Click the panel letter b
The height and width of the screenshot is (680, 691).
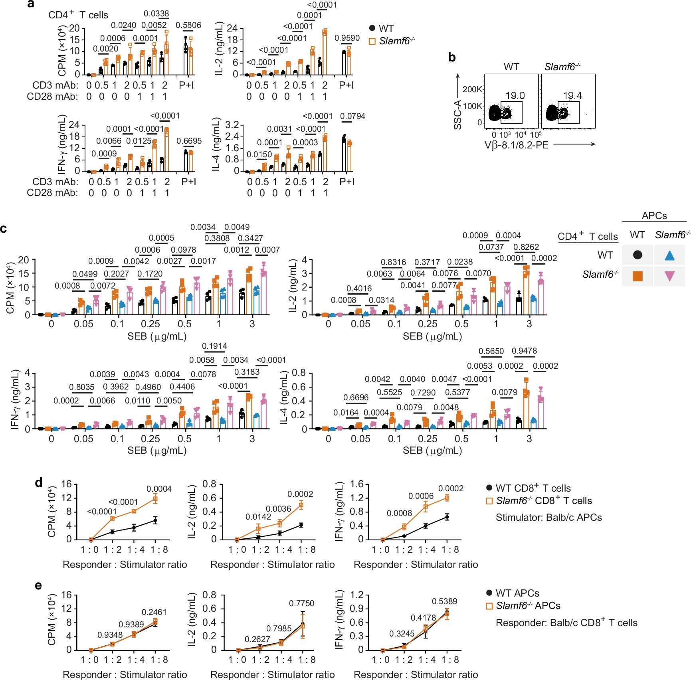click(x=451, y=57)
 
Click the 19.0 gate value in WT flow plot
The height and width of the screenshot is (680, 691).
click(x=515, y=95)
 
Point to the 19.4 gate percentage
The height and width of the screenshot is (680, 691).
click(x=572, y=95)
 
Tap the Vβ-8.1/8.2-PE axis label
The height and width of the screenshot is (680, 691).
click(x=516, y=145)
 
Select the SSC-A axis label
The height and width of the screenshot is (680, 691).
click(x=457, y=115)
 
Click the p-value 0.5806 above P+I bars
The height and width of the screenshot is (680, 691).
click(x=188, y=25)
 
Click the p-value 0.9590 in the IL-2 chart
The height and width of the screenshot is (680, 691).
click(x=347, y=38)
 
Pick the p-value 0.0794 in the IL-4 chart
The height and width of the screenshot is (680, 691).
click(x=352, y=116)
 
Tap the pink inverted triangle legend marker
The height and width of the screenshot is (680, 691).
click(x=669, y=276)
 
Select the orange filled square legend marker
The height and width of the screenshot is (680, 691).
click(x=638, y=276)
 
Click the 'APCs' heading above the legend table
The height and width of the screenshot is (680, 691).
click(x=654, y=215)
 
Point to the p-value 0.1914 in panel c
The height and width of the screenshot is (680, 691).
click(x=214, y=346)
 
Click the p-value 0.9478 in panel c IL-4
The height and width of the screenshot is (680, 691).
click(x=524, y=351)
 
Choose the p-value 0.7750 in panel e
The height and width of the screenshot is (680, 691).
click(x=301, y=603)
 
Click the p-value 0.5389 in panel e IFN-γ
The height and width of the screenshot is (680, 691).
click(x=444, y=601)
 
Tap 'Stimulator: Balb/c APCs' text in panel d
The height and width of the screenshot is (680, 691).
click(x=548, y=518)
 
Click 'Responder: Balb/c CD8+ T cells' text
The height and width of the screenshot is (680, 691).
click(x=566, y=623)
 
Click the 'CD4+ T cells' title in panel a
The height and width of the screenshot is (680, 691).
click(x=78, y=15)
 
